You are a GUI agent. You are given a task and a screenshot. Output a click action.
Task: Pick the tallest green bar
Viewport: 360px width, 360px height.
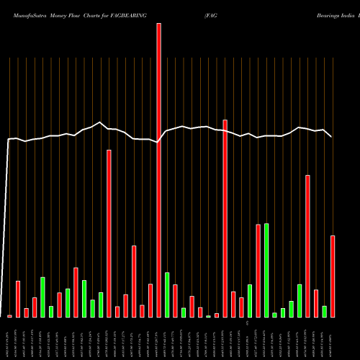click(266, 270)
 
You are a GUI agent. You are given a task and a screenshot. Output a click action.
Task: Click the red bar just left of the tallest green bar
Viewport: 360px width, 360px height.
click(258, 271)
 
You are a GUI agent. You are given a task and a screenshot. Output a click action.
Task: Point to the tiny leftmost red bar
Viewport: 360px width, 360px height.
click(9, 316)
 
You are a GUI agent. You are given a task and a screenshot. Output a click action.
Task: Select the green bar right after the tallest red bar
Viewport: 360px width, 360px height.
click(167, 294)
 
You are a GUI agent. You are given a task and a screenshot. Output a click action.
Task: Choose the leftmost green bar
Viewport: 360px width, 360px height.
click(42, 297)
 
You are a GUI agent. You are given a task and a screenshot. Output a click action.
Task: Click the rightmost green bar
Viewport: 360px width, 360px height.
click(325, 311)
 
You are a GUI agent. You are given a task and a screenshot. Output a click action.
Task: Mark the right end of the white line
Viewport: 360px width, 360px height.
click(332, 137)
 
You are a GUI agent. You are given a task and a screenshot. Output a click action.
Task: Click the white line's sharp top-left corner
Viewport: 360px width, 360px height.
click(9, 139)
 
